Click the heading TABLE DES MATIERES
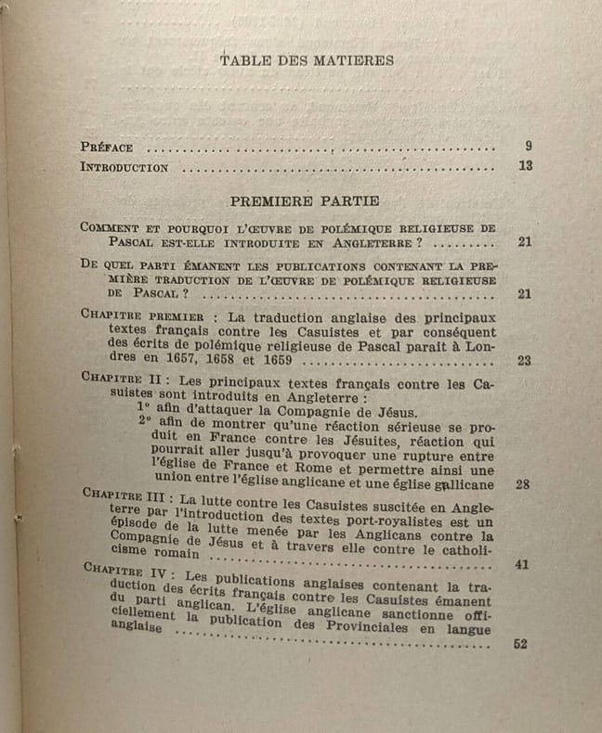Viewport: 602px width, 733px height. [307, 60]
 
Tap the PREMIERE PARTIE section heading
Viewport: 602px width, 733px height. [303, 200]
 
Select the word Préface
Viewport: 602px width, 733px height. [107, 147]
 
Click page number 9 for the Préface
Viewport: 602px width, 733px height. [528, 146]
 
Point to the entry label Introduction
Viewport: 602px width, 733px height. [124, 168]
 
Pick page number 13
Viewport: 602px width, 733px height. [525, 167]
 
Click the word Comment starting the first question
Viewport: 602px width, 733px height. [110, 227]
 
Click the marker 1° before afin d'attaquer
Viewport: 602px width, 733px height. [145, 409]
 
